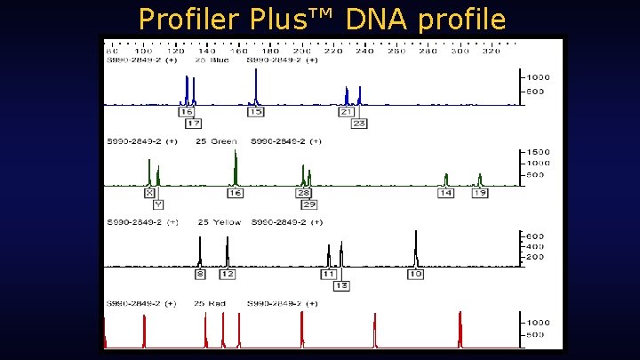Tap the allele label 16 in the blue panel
[x=186, y=112]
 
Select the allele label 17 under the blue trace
[x=193, y=124]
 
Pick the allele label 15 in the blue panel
[x=255, y=112]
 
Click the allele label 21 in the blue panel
[x=347, y=112]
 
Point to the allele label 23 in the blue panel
[x=359, y=124]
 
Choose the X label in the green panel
[x=149, y=193]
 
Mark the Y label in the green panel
[x=158, y=204]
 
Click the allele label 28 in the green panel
[x=303, y=193]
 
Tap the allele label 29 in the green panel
[x=308, y=204]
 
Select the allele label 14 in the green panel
[x=446, y=193]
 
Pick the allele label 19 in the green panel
[x=479, y=193]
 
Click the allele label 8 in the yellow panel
[x=200, y=274]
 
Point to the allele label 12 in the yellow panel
[x=227, y=274]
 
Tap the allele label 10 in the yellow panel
[x=415, y=274]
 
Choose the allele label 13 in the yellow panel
[x=340, y=285]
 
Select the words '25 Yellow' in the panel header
[x=220, y=222]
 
